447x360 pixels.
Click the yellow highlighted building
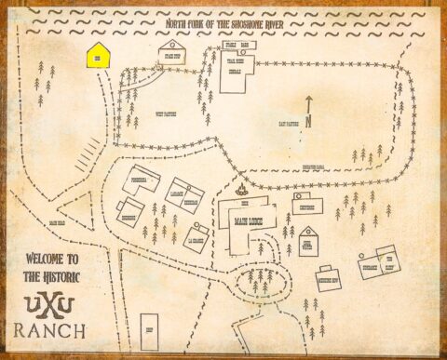pyautogui.click(x=98, y=56)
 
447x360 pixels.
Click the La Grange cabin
pyautogui.click(x=196, y=237)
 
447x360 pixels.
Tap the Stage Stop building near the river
pyautogui.click(x=172, y=53)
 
